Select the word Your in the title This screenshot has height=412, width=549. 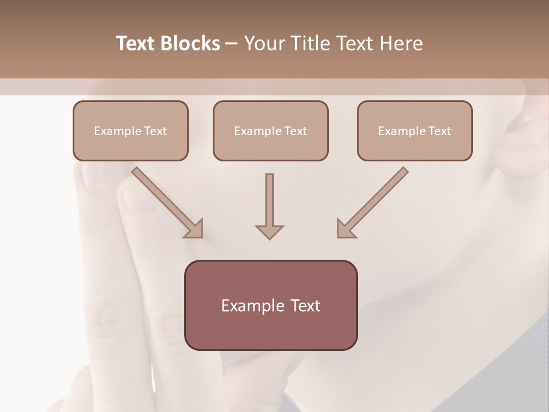point(264,43)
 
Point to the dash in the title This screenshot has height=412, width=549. point(232,44)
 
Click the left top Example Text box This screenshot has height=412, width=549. point(130,130)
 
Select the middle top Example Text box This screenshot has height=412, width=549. point(270,130)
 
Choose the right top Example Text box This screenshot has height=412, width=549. point(415,130)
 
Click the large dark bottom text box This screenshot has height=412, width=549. point(270,305)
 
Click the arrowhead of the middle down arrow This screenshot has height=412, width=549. point(269,231)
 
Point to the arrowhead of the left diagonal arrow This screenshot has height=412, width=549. point(194,229)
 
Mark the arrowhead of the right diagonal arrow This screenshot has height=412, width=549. point(345,229)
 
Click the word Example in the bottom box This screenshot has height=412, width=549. point(249,306)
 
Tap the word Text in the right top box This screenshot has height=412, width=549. point(439,131)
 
